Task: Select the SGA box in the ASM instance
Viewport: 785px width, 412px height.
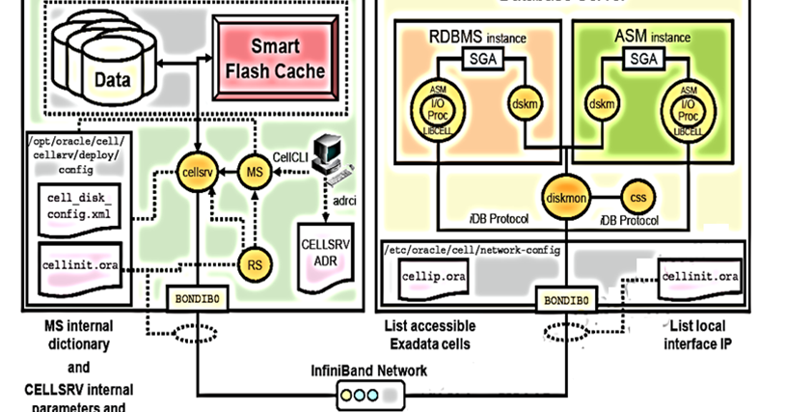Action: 641,60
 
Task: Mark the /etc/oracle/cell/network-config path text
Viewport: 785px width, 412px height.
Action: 474,250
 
